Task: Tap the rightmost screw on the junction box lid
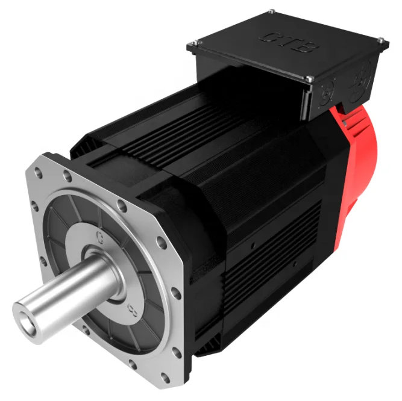pyautogui.click(x=380, y=40)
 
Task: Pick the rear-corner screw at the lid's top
pyautogui.click(x=271, y=11)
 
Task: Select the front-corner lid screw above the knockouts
pyautogui.click(x=309, y=78)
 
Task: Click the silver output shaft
pyautogui.click(x=66, y=290)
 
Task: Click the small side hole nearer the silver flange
pyautogui.click(x=254, y=246)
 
